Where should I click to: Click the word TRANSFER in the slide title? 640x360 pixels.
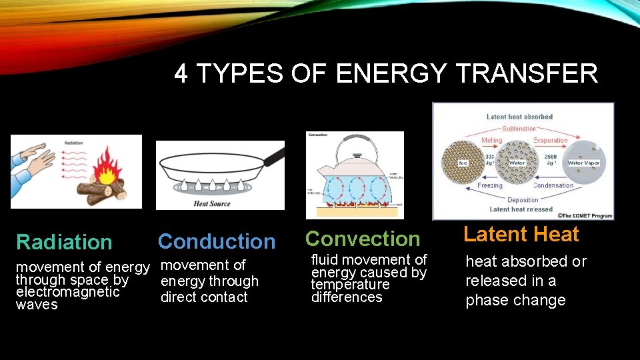click(x=527, y=73)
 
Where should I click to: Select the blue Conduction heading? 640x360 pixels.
click(x=217, y=241)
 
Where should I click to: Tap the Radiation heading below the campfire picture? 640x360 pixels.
click(x=64, y=242)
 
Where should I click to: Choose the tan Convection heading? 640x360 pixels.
click(x=363, y=239)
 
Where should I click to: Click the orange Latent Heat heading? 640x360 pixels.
click(x=521, y=234)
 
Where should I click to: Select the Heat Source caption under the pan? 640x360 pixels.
click(x=211, y=203)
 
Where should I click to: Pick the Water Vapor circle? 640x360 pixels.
click(x=583, y=162)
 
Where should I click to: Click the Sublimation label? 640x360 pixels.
click(x=519, y=129)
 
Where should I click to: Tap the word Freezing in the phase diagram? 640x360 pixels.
click(x=490, y=186)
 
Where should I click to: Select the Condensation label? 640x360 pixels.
click(x=553, y=186)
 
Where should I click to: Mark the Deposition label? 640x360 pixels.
click(x=523, y=199)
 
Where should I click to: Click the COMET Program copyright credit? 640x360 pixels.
click(x=585, y=215)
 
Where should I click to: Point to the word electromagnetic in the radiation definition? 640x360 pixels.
click(x=68, y=292)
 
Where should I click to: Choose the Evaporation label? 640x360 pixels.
click(x=550, y=141)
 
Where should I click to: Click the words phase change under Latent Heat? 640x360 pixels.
click(x=515, y=301)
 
